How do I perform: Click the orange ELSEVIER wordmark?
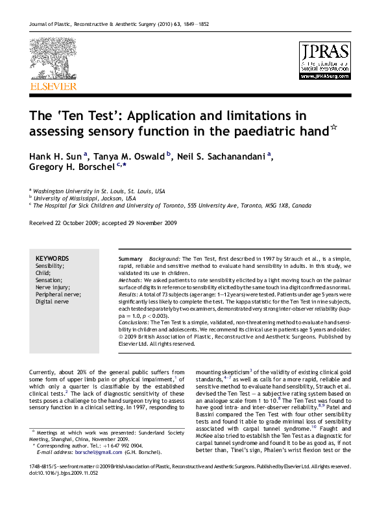click(x=53, y=86)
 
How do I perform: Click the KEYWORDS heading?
click(x=52, y=258)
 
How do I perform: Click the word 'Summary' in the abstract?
click(x=130, y=259)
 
